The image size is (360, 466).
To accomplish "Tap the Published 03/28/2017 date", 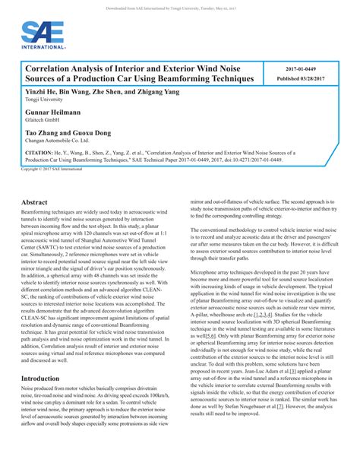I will coord(302,78).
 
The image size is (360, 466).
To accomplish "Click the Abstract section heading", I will coord(35,203).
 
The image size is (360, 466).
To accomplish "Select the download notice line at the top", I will coord(180,5).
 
